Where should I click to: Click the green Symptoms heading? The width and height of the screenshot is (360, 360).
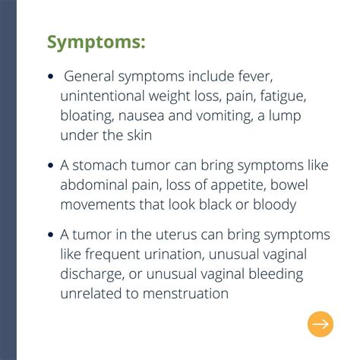[96, 42]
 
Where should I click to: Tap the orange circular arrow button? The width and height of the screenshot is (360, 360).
[321, 324]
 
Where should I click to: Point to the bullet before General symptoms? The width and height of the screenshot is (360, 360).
[51, 77]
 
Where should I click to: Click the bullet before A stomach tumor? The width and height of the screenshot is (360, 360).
[51, 165]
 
